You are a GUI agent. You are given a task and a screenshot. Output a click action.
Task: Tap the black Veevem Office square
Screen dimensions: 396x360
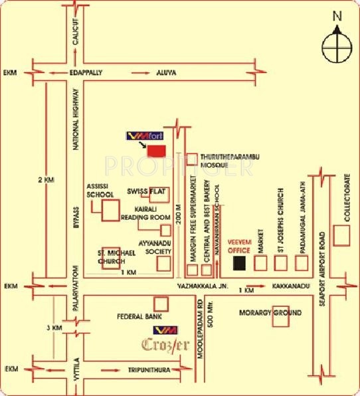[x=239, y=263]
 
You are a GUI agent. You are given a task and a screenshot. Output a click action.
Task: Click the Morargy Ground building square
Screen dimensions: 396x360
[x=281, y=319]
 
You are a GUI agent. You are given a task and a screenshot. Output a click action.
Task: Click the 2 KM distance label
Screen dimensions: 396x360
[x=45, y=180]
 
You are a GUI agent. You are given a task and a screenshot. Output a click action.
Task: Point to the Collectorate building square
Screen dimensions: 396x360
[x=342, y=235]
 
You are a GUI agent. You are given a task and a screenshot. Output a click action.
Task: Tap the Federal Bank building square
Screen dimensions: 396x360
[x=161, y=302]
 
